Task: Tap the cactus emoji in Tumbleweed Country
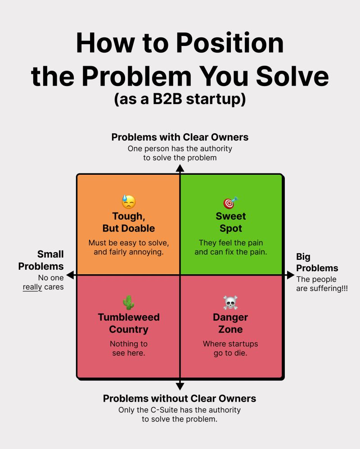click(x=129, y=303)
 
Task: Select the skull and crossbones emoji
click(x=230, y=303)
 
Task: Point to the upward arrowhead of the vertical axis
click(x=180, y=168)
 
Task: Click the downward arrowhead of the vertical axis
click(x=180, y=386)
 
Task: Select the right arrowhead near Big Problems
click(x=290, y=275)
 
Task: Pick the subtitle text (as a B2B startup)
click(x=180, y=99)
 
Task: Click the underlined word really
click(x=32, y=287)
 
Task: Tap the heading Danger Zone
click(x=230, y=323)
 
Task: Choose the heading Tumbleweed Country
click(x=129, y=323)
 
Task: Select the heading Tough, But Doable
click(x=129, y=222)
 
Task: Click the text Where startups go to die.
click(x=230, y=349)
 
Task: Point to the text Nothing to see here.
click(x=129, y=349)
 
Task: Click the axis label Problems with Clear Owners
click(x=180, y=137)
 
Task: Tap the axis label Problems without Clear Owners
click(x=180, y=399)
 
